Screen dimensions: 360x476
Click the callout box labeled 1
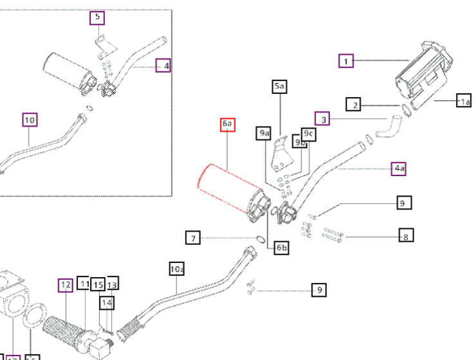(347, 61)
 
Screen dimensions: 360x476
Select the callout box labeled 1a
(464, 101)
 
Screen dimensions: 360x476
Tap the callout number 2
(353, 104)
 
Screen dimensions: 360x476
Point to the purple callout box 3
(323, 119)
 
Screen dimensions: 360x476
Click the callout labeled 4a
(400, 169)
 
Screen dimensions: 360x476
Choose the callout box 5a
(280, 85)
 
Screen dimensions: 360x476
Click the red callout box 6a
(228, 124)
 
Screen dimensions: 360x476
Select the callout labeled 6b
(281, 248)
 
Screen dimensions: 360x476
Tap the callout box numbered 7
(192, 239)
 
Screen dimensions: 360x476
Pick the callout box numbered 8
(406, 235)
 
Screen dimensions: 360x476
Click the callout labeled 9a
(264, 133)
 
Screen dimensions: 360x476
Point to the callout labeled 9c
(309, 134)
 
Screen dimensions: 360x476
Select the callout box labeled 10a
(177, 270)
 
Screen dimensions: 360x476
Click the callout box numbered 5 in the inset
(97, 17)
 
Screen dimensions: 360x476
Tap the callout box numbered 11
(84, 283)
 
